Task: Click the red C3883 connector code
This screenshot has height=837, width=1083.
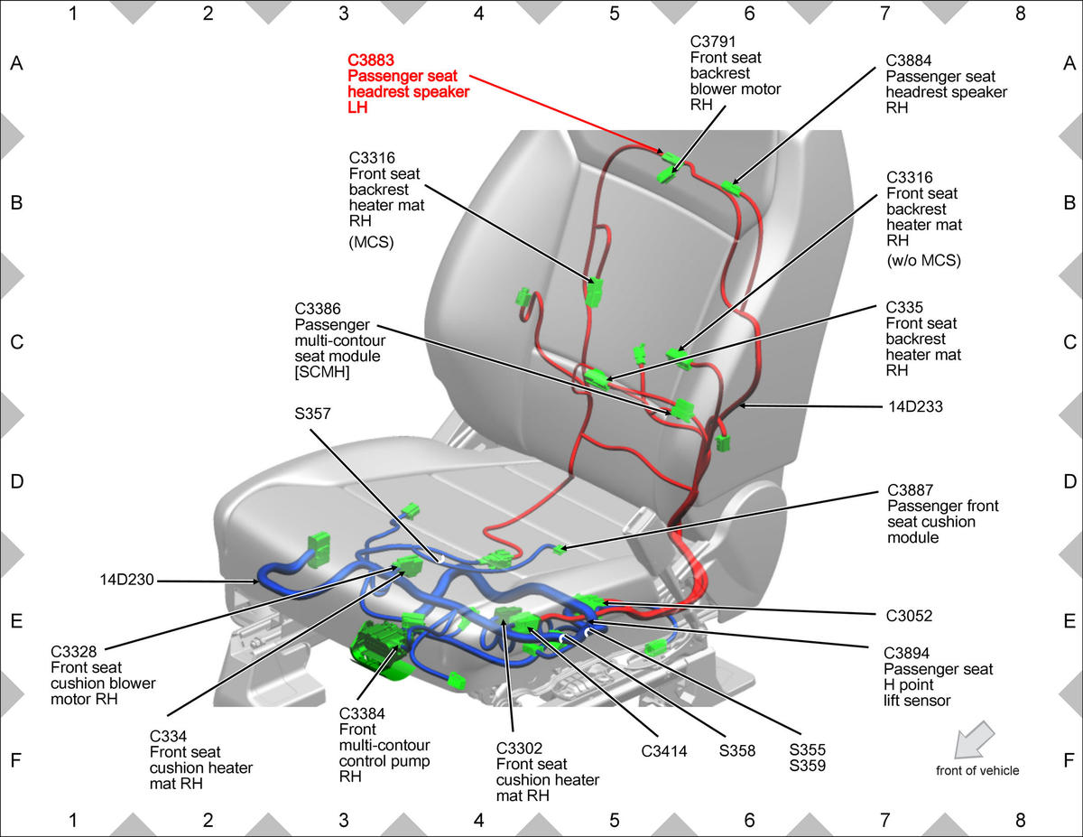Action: (x=371, y=60)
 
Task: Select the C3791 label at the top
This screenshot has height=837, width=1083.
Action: (x=713, y=42)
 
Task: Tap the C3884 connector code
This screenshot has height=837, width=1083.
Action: (x=909, y=60)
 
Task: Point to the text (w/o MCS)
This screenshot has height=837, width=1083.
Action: (x=923, y=260)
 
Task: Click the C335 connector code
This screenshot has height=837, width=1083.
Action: (x=904, y=307)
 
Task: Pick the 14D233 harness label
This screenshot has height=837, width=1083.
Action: (x=915, y=407)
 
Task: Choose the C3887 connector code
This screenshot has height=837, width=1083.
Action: (x=911, y=490)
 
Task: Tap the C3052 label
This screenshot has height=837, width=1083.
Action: (x=909, y=616)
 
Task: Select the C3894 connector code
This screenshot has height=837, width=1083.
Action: (x=907, y=653)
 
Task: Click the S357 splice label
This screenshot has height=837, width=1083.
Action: (x=312, y=414)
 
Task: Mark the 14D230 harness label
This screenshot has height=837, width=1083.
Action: (x=126, y=580)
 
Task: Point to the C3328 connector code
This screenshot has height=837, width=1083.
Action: (x=74, y=652)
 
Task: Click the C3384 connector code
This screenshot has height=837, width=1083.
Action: (x=362, y=714)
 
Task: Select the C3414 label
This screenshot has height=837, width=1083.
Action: (x=664, y=750)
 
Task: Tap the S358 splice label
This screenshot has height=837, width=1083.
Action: (x=737, y=750)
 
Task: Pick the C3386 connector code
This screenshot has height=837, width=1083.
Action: (x=318, y=309)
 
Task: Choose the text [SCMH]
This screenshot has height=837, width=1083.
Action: (x=322, y=372)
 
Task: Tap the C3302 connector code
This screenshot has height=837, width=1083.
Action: (x=519, y=749)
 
